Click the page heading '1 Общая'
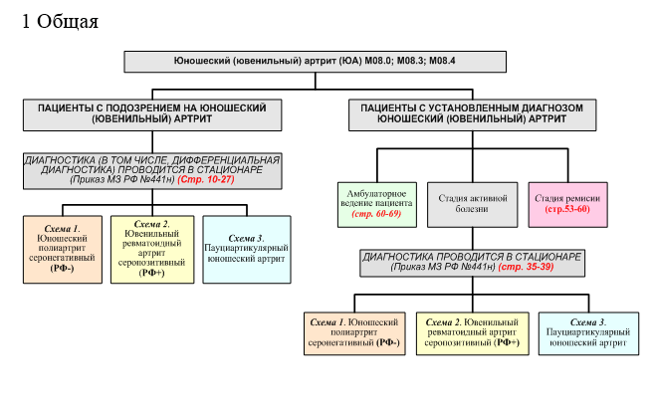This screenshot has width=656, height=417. pyautogui.click(x=60, y=22)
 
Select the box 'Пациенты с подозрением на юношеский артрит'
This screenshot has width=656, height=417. pyautogui.click(x=152, y=111)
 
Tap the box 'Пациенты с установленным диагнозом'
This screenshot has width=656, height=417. pyautogui.click(x=472, y=111)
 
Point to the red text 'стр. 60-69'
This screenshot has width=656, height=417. pyautogui.click(x=374, y=213)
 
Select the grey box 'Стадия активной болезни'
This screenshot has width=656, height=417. pyautogui.click(x=473, y=203)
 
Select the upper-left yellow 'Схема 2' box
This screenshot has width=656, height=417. pyautogui.click(x=151, y=248)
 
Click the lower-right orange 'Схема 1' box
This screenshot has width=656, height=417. pyautogui.click(x=354, y=333)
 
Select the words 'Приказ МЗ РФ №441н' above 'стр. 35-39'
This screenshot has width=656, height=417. pyautogui.click(x=443, y=268)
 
